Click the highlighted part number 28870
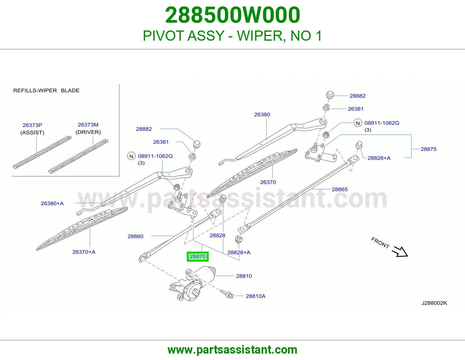198,256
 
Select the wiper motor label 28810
244,276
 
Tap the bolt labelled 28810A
227,294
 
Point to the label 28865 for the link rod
340,189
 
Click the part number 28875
428,149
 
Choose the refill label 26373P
32,125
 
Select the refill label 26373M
88,125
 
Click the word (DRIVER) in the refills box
88,132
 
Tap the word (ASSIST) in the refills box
32,133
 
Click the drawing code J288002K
434,303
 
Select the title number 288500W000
233,15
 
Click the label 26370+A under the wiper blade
84,252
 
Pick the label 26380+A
52,203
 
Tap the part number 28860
135,236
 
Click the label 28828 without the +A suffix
217,235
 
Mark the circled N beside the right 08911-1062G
358,123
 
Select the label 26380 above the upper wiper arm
262,114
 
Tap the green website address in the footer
233,350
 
